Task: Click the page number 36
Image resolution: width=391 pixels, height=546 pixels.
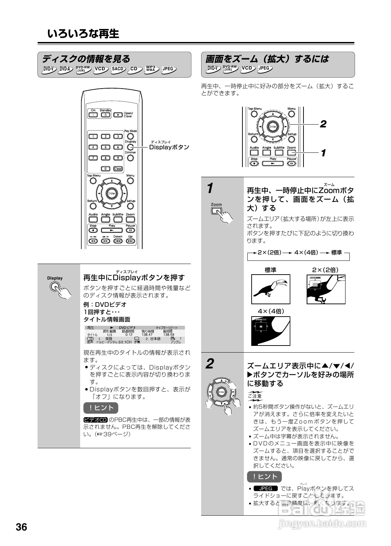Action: tap(22, 527)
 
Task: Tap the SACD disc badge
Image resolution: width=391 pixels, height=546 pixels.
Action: tap(118, 69)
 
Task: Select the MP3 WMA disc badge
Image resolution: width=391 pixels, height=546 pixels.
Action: tap(151, 69)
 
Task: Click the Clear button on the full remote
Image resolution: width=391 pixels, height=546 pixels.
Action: tap(118, 169)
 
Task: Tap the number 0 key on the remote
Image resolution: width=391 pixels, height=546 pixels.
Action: tap(105, 169)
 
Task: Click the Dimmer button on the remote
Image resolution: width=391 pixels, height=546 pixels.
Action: tap(131, 158)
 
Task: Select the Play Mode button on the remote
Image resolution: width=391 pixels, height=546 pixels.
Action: tap(131, 136)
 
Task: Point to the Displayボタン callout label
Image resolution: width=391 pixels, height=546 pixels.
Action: tap(169, 147)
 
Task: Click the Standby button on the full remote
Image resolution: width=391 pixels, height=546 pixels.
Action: tap(105, 115)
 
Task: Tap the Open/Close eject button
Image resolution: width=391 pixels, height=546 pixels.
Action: tap(118, 115)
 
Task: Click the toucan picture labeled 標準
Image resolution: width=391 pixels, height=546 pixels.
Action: tap(271, 289)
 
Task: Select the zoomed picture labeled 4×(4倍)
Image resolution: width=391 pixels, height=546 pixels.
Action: tap(271, 331)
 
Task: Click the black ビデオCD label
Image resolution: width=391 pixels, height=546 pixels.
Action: tap(95, 420)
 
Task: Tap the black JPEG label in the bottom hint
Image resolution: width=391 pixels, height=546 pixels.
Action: tap(266, 488)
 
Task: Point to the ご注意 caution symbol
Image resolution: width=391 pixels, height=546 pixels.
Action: tap(255, 396)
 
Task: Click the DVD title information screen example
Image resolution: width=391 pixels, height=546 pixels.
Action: tap(136, 335)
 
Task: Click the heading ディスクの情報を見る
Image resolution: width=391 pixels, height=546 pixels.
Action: tap(86, 59)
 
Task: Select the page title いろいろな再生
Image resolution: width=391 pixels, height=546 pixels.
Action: tap(83, 34)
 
